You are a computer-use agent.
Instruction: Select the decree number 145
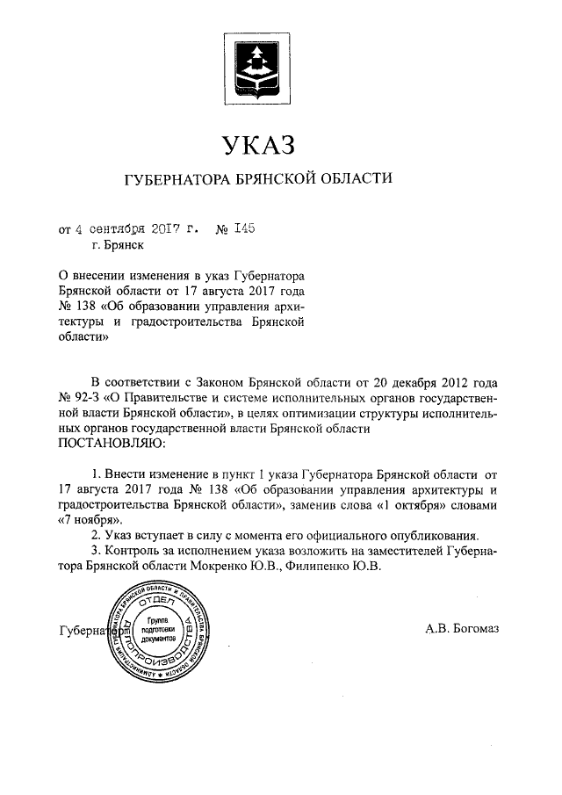[x=243, y=230]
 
